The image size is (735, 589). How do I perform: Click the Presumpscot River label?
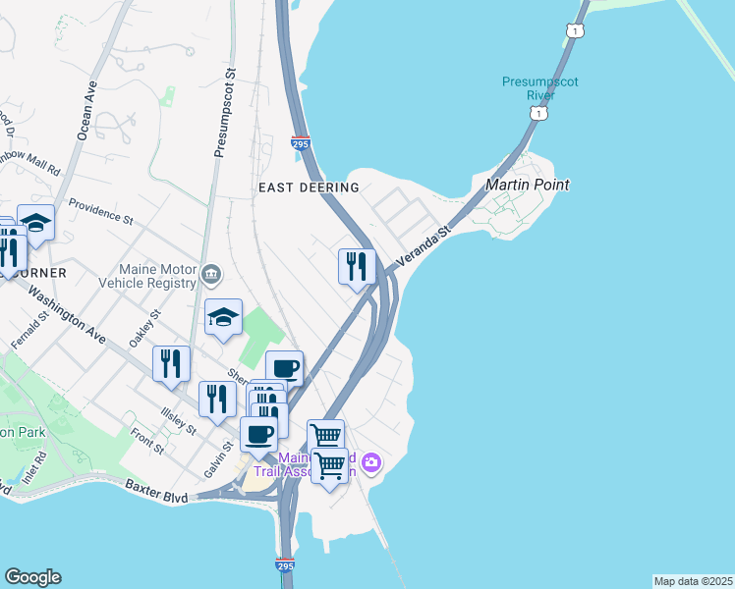point(528,88)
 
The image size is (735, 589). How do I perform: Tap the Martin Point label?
point(529,185)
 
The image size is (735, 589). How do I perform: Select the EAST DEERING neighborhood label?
point(309,187)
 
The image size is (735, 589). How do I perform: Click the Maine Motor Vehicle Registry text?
point(157,278)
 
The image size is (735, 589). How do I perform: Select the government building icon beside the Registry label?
point(211,272)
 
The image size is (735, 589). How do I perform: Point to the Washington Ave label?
point(66,313)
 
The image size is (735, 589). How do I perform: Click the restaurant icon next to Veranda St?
point(356,266)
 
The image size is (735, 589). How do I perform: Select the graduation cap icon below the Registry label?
point(223,317)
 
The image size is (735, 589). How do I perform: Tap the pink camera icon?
point(370,461)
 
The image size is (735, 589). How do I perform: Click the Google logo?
point(32,577)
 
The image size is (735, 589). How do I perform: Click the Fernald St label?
point(29,332)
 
